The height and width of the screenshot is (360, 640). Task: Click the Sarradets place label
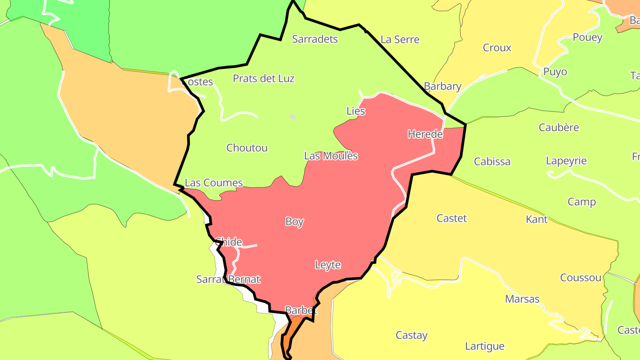tap(315, 39)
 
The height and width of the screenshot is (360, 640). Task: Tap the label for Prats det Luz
tap(264, 79)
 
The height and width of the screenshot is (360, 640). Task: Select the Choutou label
tap(247, 148)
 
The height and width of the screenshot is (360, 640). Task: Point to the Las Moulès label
tap(331, 156)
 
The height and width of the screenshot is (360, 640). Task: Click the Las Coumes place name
tap(214, 183)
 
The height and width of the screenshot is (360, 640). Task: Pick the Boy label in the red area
tap(295, 221)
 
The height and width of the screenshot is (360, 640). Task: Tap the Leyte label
tap(328, 265)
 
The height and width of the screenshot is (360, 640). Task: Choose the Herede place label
tap(425, 134)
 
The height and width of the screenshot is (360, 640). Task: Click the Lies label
tap(356, 111)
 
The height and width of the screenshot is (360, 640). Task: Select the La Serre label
tap(400, 40)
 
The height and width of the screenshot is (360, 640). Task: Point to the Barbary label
tap(443, 86)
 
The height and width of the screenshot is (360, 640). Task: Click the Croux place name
tap(497, 48)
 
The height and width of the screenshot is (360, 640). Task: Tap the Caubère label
tap(559, 128)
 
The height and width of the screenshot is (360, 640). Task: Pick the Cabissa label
tap(492, 161)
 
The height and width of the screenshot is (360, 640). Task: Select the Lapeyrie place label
tap(566, 161)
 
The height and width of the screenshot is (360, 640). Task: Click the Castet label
tap(452, 218)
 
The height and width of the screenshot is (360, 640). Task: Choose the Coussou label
tap(580, 278)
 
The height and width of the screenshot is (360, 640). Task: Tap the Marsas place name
tap(522, 299)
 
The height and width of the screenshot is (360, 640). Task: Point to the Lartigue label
tap(484, 346)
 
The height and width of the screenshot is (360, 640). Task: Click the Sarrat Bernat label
tap(228, 280)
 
